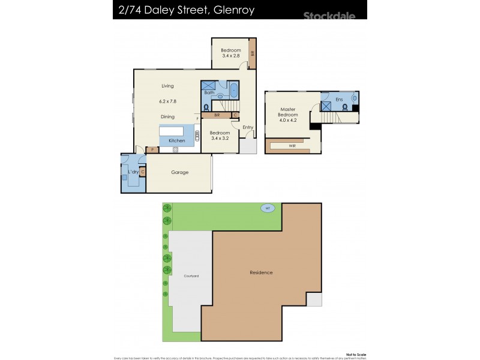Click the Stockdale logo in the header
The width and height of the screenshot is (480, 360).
[329, 15]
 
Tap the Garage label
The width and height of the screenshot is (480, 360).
[179, 172]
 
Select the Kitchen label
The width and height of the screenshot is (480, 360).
[176, 140]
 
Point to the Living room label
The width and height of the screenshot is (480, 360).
[167, 86]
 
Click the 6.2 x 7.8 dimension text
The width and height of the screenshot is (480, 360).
[167, 101]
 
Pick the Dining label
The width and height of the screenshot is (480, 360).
[167, 117]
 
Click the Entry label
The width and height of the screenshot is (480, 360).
[248, 127]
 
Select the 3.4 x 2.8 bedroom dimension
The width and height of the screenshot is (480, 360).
[230, 56]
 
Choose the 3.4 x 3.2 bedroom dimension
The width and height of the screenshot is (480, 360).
[220, 138]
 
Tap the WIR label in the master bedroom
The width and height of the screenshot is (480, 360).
[292, 145]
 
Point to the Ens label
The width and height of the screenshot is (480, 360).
[339, 99]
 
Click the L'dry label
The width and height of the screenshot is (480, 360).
[133, 172]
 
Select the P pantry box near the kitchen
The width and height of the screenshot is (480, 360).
[152, 149]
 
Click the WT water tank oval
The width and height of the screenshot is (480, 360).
[268, 208]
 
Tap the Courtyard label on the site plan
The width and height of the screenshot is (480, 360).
[191, 276]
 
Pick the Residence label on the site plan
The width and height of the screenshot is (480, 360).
[261, 272]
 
